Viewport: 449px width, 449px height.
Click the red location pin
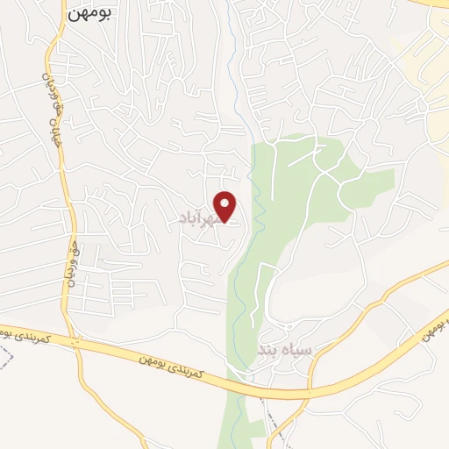[226, 206]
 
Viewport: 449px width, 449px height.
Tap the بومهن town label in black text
[89, 15]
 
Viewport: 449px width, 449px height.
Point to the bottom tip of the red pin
[226, 221]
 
